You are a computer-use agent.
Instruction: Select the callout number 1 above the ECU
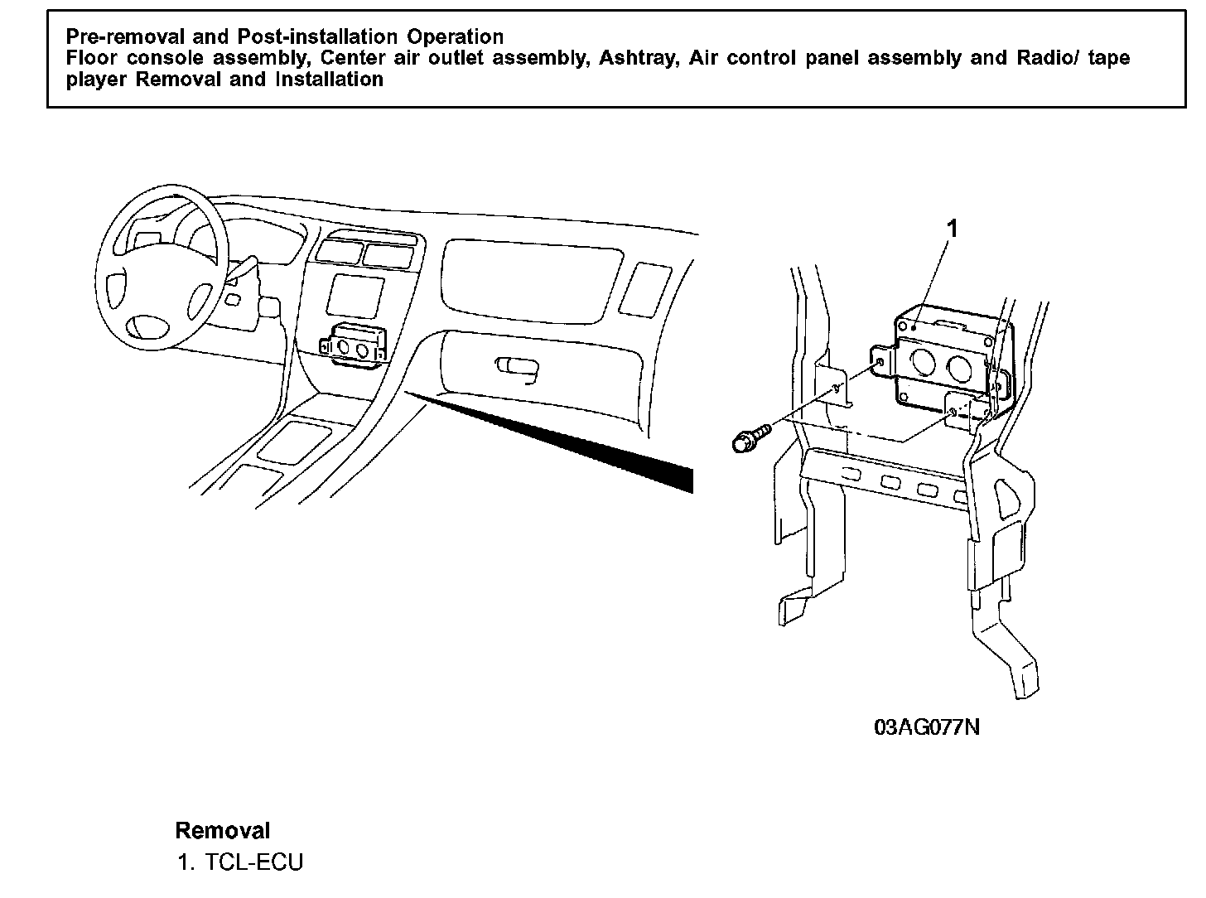click(x=953, y=229)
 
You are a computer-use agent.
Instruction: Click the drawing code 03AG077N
click(x=927, y=727)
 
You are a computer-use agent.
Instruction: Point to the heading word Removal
click(x=222, y=831)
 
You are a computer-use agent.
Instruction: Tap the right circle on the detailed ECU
click(x=959, y=369)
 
